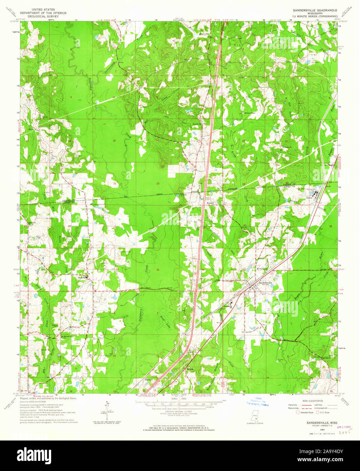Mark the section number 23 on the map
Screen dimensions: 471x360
pyautogui.click(x=158, y=183)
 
